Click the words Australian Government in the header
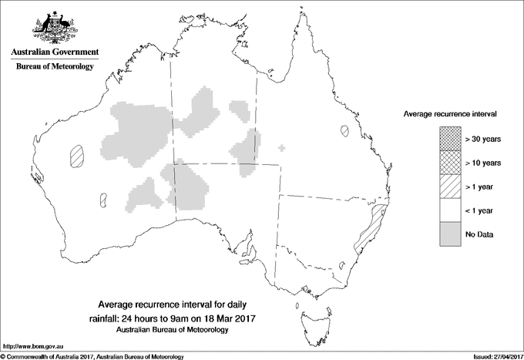pos(54,52)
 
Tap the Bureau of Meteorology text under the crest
pos(54,67)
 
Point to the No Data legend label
pos(479,234)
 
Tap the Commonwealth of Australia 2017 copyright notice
pos(92,356)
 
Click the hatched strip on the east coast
pos(371,225)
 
